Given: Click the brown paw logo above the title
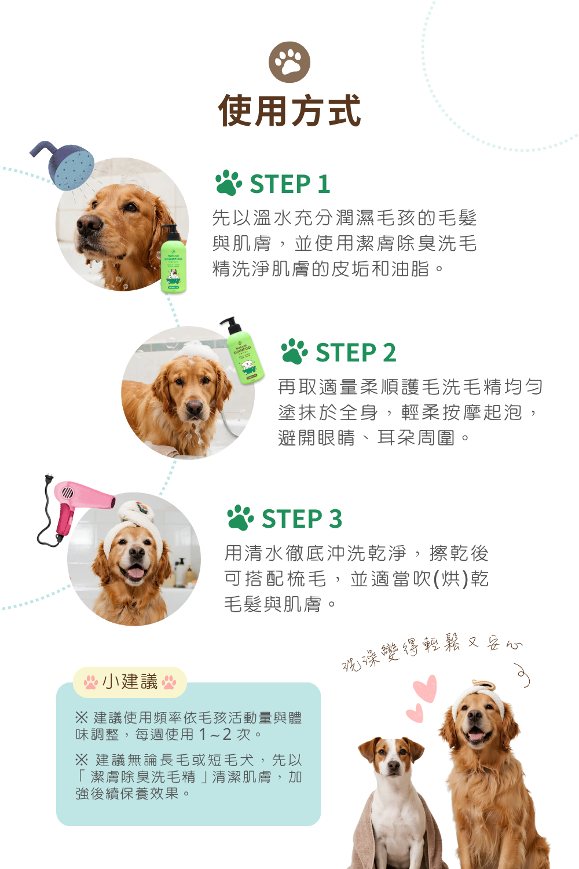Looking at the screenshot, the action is (x=289, y=62).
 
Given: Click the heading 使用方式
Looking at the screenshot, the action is (x=289, y=111).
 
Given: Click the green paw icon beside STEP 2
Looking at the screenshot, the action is (x=294, y=352).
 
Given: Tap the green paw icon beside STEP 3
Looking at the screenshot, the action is (x=240, y=517).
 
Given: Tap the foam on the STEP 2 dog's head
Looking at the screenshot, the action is (x=195, y=352).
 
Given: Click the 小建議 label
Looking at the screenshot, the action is (x=130, y=682).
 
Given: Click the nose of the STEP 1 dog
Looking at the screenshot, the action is (x=89, y=225).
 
